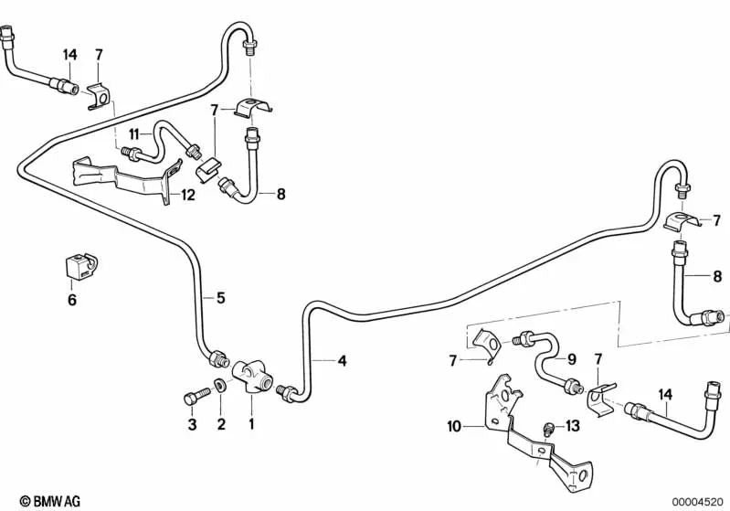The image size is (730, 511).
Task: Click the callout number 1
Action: (x=251, y=424)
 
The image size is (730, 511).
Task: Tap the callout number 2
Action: (x=220, y=424)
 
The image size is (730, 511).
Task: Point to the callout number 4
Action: (x=342, y=361)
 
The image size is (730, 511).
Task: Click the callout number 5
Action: (x=219, y=297)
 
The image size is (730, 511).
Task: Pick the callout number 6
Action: (x=73, y=299)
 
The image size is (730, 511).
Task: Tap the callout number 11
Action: (x=133, y=134)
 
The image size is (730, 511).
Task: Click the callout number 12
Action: (x=187, y=194)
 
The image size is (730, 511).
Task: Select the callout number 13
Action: (x=572, y=426)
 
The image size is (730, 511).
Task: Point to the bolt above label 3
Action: (x=191, y=399)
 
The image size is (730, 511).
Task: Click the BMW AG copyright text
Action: (x=43, y=501)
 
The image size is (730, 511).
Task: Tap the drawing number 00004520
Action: (x=699, y=501)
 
